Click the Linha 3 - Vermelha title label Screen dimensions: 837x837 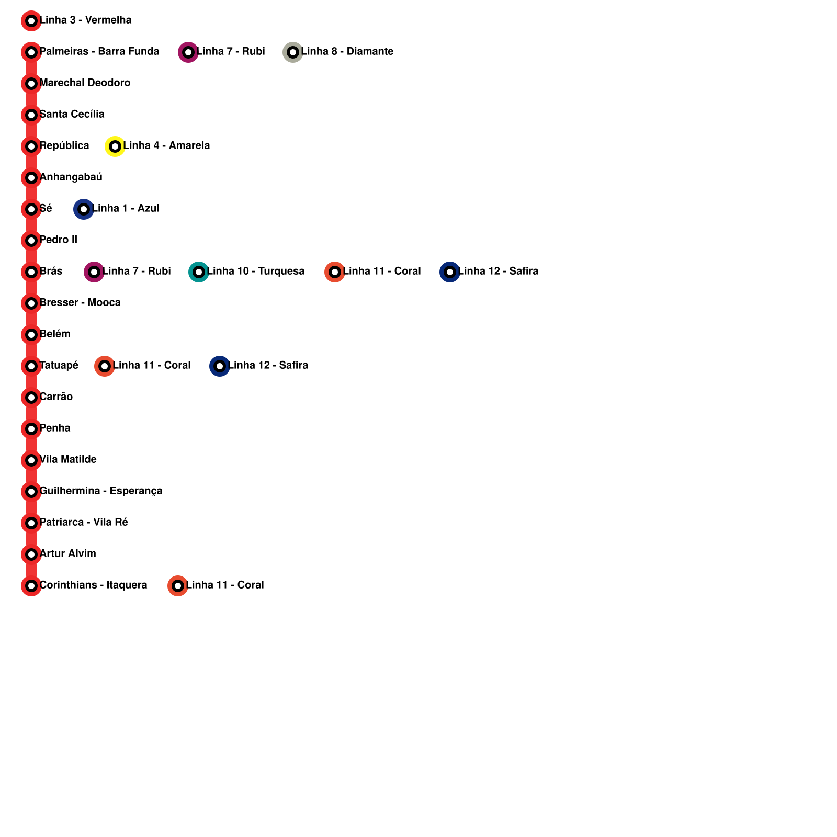(86, 20)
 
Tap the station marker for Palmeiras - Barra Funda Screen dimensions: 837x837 (31, 52)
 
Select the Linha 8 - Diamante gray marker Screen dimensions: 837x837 (293, 52)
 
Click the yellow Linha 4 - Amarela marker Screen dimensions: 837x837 (115, 146)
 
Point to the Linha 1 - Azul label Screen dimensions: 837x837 (126, 209)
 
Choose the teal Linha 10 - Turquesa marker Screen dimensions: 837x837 (199, 272)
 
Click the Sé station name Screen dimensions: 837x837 (46, 209)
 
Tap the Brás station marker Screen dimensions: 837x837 (31, 272)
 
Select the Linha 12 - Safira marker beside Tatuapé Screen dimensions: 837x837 (220, 366)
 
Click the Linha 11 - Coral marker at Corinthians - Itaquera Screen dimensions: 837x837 (178, 586)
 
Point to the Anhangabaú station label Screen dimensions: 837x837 (71, 177)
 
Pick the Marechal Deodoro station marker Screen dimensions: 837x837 (31, 84)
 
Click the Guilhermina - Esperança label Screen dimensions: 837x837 (101, 491)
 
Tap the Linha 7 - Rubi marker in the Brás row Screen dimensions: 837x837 (94, 272)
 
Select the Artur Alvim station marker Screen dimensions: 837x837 (31, 555)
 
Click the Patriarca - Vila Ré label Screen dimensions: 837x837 (84, 523)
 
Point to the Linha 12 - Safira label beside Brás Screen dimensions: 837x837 (499, 272)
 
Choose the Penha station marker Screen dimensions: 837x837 (31, 429)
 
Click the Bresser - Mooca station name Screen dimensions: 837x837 (80, 303)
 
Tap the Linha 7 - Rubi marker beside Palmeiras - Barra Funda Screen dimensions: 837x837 (188, 52)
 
